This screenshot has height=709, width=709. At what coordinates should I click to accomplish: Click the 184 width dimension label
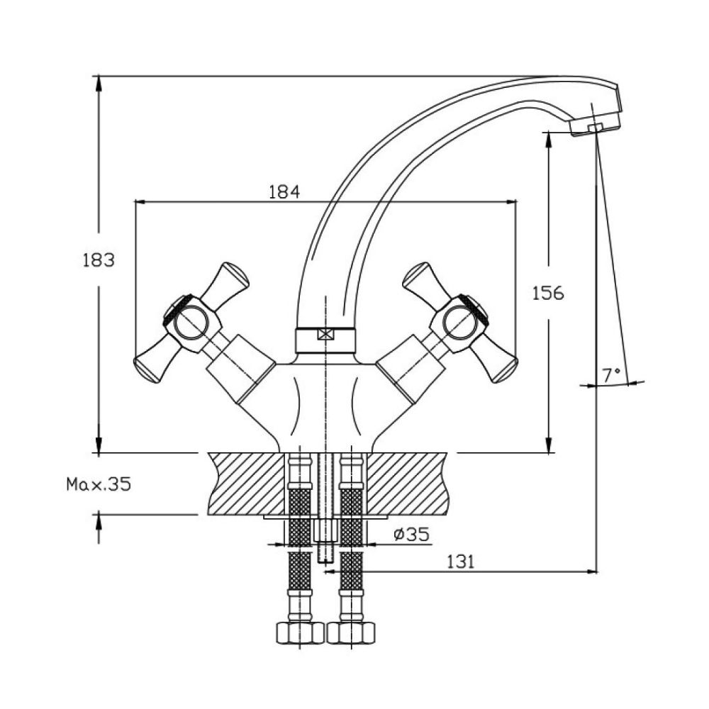click(x=284, y=191)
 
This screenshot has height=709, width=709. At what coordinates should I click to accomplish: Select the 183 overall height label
click(x=99, y=260)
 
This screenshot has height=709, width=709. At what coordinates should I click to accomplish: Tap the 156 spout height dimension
click(x=548, y=293)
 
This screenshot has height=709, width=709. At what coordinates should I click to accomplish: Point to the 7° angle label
click(x=611, y=374)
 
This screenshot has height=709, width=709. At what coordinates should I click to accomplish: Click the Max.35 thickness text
click(x=99, y=484)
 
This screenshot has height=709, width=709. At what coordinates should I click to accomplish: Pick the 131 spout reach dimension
click(x=461, y=562)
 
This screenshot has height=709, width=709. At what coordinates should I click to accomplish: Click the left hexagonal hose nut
click(x=300, y=632)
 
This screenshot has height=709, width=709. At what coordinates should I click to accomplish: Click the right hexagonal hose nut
click(x=352, y=632)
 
